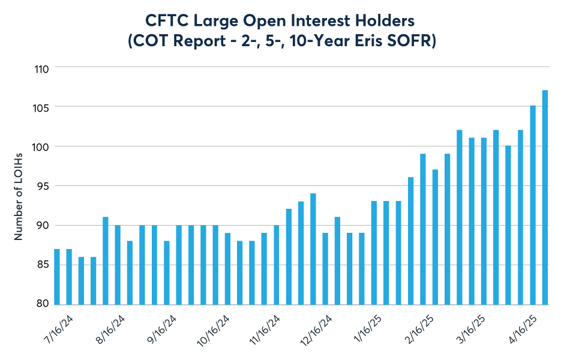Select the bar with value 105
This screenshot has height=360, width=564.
533,205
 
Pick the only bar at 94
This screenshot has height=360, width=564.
313,248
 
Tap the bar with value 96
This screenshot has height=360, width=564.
410,241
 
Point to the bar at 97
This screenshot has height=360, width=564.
435,236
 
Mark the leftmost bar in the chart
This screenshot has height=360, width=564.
56,276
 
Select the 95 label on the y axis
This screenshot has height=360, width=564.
41,186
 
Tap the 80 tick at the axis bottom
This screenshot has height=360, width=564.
41,304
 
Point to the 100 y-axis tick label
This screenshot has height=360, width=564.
40,146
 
